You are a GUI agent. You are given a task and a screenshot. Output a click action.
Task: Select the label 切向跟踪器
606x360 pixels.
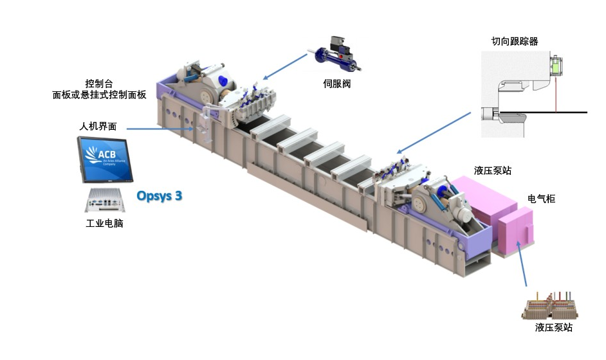click(x=515, y=42)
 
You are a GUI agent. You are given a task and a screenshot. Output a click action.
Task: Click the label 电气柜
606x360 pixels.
click(x=542, y=199)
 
